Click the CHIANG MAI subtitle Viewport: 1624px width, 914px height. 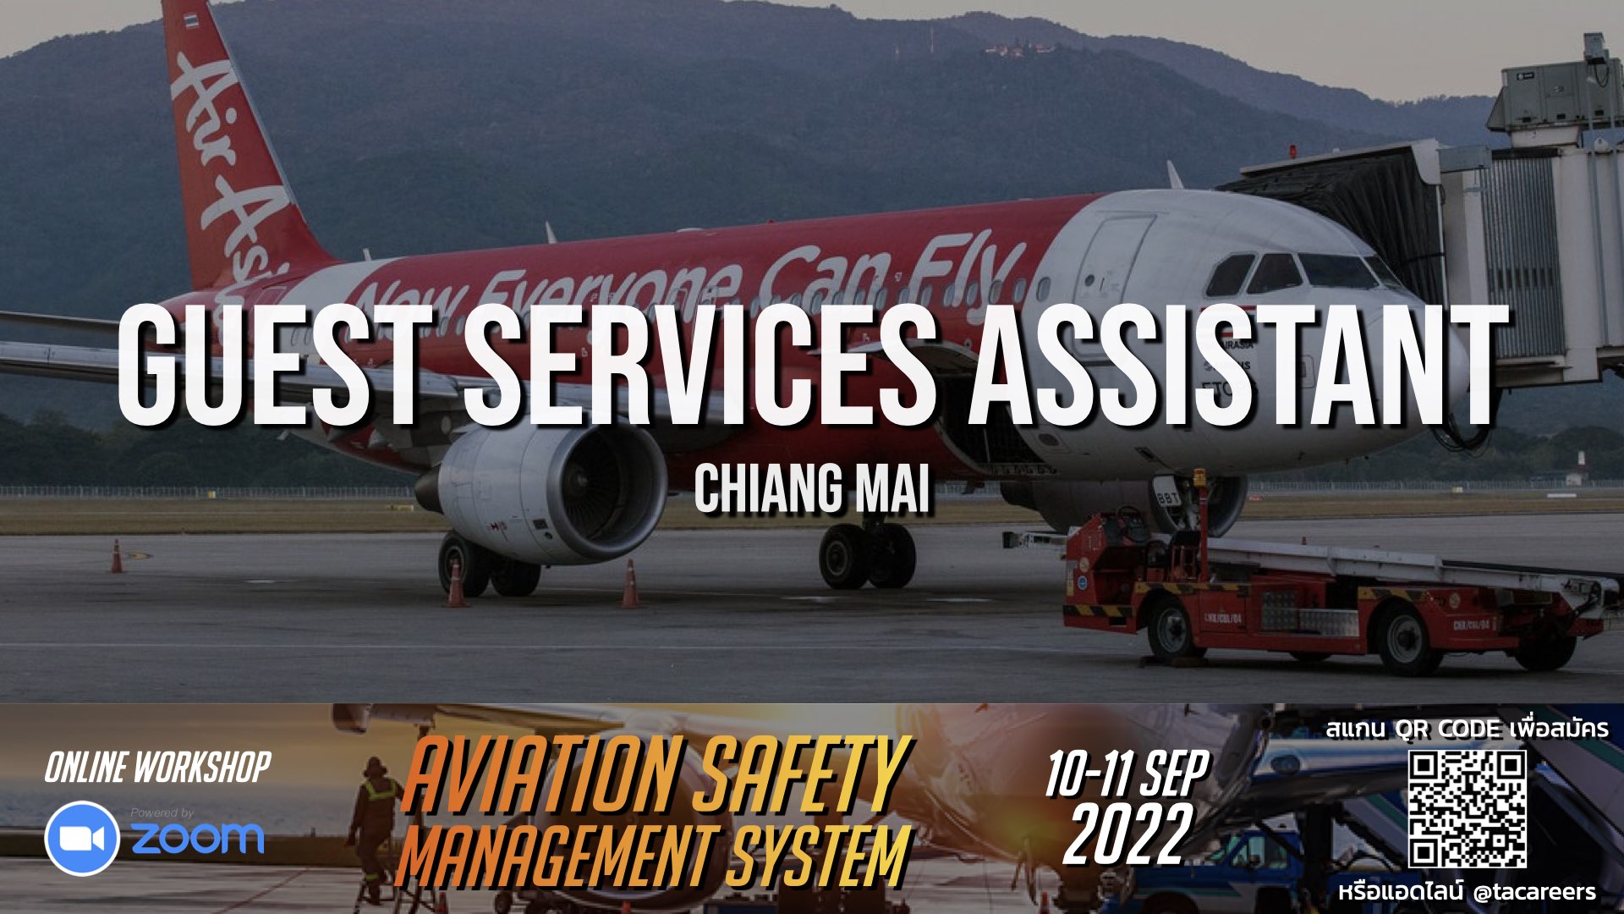(812, 489)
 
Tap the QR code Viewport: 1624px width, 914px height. (1468, 809)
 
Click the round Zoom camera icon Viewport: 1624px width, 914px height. (82, 838)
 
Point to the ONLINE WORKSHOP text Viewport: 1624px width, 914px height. (158, 768)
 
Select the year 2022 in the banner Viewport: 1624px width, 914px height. (1127, 836)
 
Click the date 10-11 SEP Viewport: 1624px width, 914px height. (1127, 774)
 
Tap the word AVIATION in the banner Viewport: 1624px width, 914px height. (541, 774)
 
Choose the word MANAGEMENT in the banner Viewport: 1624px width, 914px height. (554, 856)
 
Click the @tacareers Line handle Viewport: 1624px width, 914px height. (1533, 892)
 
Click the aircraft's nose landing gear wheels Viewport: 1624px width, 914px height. (866, 556)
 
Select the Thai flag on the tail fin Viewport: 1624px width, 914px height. (192, 19)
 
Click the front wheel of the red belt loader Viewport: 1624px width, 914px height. (1172, 630)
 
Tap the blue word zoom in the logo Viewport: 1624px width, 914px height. (197, 838)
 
